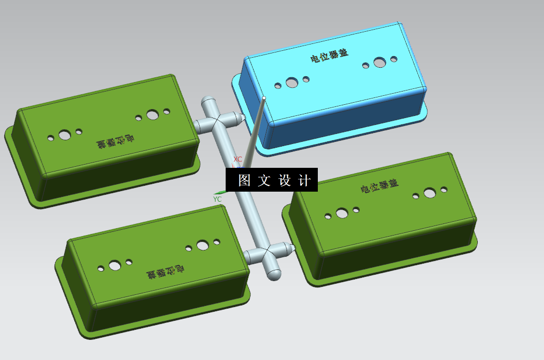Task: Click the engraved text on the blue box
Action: [x=329, y=55]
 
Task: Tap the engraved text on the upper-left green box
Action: [x=115, y=142]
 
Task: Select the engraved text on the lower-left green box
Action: [x=165, y=272]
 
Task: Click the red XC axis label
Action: [x=238, y=159]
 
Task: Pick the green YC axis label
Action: [x=217, y=199]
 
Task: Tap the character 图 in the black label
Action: [x=244, y=181]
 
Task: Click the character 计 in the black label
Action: [x=305, y=181]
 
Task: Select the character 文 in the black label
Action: [x=264, y=181]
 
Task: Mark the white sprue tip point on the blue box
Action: [x=264, y=98]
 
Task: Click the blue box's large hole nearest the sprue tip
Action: [x=292, y=83]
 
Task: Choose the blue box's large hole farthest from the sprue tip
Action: [x=379, y=63]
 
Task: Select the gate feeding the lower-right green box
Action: [x=289, y=247]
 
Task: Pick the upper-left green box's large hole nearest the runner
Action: [x=153, y=114]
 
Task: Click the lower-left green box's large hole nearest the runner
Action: [x=203, y=245]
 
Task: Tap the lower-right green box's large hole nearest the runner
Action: [x=342, y=213]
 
